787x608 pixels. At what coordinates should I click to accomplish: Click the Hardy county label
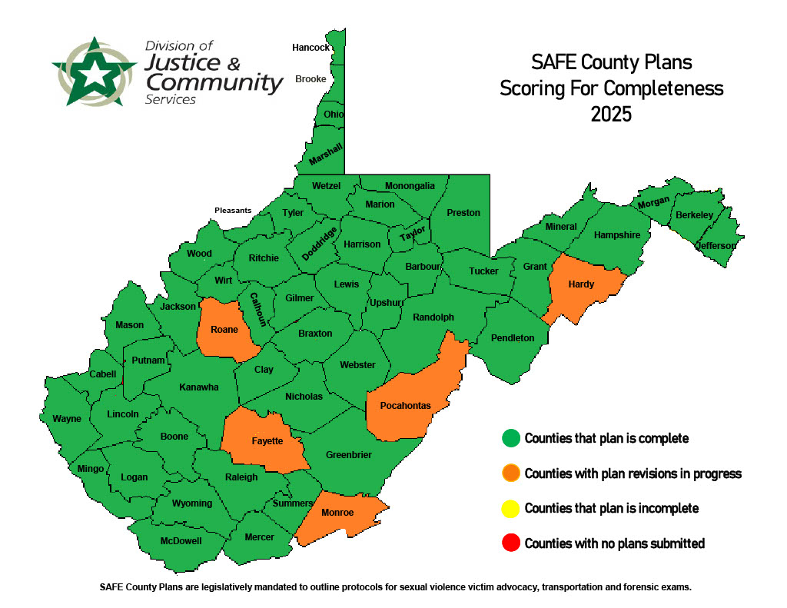(x=581, y=284)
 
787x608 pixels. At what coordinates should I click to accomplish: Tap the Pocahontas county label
(x=405, y=405)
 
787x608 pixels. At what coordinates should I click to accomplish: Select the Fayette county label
(x=267, y=441)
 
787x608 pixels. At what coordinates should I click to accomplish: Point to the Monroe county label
(x=337, y=513)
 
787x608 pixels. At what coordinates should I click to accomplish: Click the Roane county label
(x=224, y=330)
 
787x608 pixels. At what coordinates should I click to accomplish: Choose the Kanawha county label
(x=199, y=387)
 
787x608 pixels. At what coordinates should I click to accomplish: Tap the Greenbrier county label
(x=348, y=455)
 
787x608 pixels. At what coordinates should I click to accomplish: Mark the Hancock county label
(x=310, y=48)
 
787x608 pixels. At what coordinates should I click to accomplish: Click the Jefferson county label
(x=716, y=246)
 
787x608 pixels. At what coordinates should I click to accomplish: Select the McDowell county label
(x=181, y=540)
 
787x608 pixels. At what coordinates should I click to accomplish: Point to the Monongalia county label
(x=410, y=186)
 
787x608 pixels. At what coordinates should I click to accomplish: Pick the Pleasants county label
(x=233, y=210)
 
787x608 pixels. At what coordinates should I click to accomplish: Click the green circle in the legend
(x=510, y=439)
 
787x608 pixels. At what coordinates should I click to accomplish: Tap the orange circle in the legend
(x=510, y=473)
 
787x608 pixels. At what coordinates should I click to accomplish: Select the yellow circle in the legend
(x=510, y=508)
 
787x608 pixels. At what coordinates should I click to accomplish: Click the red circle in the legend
(x=510, y=543)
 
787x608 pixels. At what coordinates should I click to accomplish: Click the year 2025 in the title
(x=611, y=114)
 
